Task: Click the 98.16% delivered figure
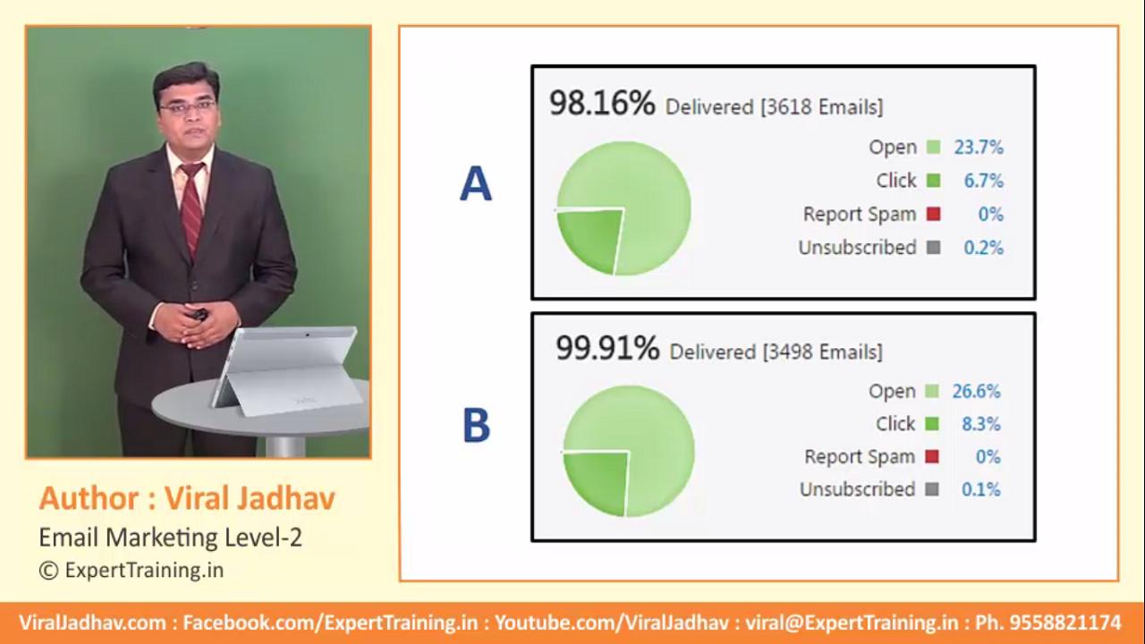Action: click(x=602, y=103)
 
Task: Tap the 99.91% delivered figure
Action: click(x=607, y=348)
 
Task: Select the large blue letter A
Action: click(x=475, y=184)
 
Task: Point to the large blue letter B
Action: click(x=477, y=424)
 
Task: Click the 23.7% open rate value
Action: click(x=979, y=148)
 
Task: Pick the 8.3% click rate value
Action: click(x=981, y=424)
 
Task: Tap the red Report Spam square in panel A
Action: click(x=933, y=214)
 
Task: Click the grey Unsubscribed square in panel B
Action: click(x=932, y=489)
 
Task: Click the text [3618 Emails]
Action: click(x=822, y=106)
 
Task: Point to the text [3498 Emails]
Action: click(x=822, y=352)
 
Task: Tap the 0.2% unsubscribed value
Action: click(x=984, y=248)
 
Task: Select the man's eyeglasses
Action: click(x=187, y=106)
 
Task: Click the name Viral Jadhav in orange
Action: click(x=250, y=498)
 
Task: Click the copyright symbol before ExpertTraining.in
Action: click(x=48, y=571)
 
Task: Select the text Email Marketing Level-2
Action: click(x=170, y=538)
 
